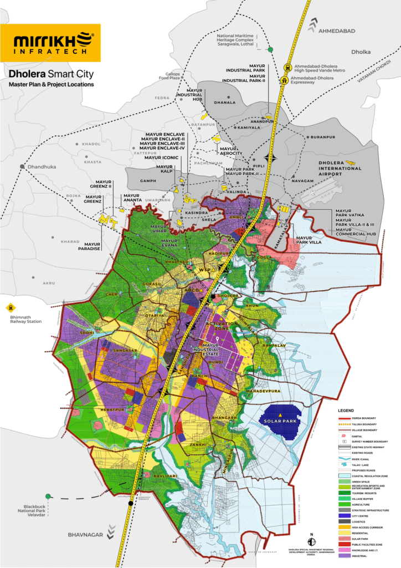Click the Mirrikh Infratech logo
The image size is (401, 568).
tap(50, 43)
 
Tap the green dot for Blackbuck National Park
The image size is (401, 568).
tap(49, 496)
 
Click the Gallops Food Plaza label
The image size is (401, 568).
tap(182, 76)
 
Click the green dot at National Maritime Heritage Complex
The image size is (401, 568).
tap(270, 50)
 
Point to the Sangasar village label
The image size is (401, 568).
tap(124, 352)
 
